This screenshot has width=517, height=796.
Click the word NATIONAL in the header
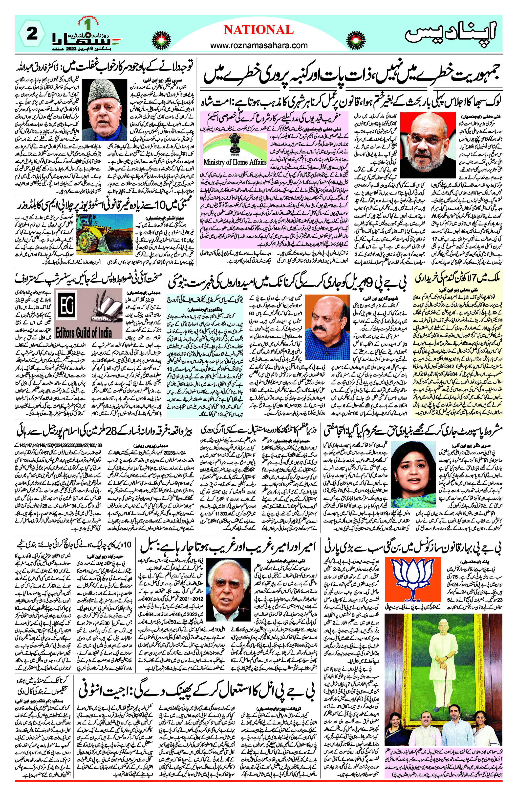pyautogui.click(x=258, y=30)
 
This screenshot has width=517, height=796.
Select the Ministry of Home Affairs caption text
pyautogui.click(x=235, y=162)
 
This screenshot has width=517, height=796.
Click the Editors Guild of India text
pyautogui.click(x=84, y=333)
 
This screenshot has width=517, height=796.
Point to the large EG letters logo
pyautogui.click(x=66, y=307)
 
